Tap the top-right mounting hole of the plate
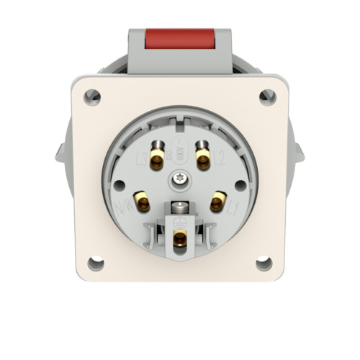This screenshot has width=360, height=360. pyautogui.click(x=267, y=95)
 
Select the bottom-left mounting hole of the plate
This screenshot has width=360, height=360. pyautogui.click(x=95, y=264)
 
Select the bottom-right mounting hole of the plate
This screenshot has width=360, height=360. pyautogui.click(x=264, y=264)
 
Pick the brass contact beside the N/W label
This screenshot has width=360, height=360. pyautogui.click(x=143, y=203)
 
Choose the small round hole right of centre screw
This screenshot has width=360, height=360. pyautogui.click(x=240, y=184)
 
